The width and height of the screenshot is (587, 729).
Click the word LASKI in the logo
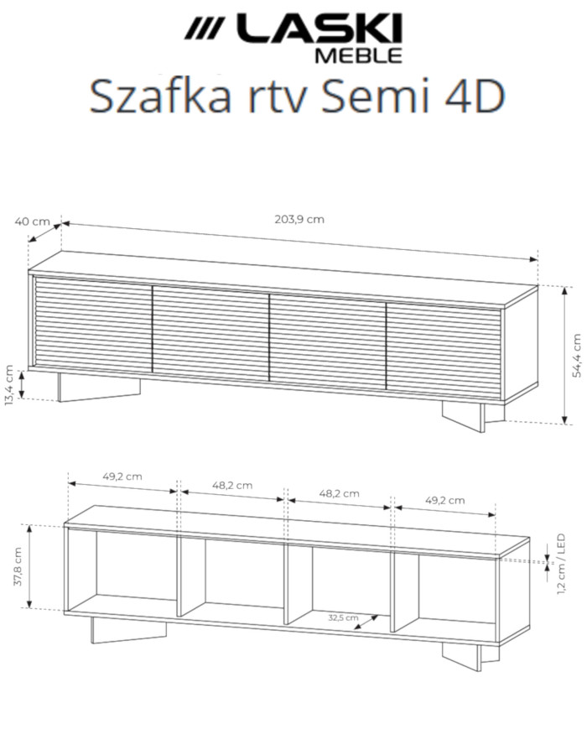[317, 30]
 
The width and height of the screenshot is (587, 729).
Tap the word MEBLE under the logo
[357, 56]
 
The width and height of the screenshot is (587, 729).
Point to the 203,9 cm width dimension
[299, 219]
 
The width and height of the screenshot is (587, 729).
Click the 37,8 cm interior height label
[18, 566]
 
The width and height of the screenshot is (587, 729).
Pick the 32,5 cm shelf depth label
[342, 617]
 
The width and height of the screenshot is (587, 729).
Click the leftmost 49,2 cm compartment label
[122, 476]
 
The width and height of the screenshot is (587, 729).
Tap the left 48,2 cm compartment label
[232, 485]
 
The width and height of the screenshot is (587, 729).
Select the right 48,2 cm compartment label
[339, 493]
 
